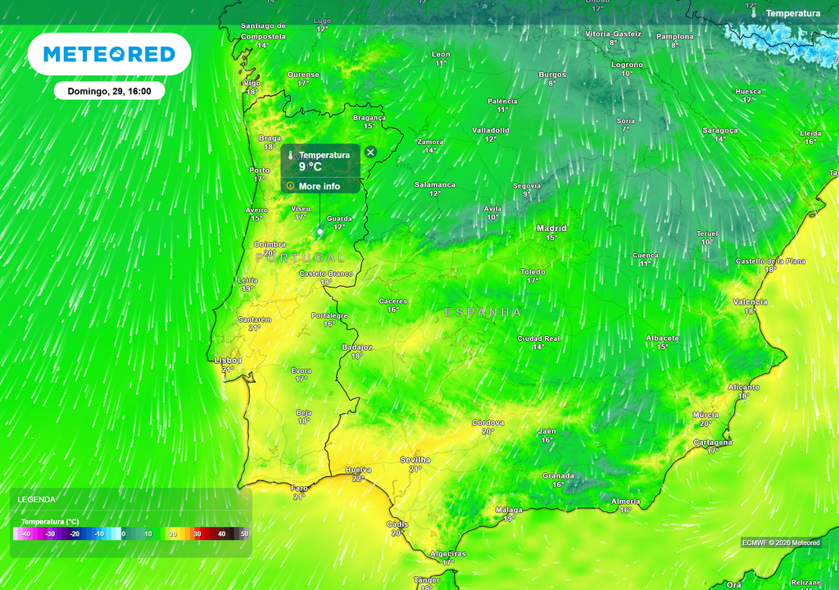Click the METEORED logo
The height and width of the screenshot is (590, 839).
(x=109, y=54)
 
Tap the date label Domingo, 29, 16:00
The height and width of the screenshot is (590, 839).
(x=110, y=92)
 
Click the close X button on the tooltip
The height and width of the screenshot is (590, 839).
(x=370, y=152)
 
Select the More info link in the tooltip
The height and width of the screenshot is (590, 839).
(x=319, y=186)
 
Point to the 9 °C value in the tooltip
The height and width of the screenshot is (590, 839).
(x=311, y=167)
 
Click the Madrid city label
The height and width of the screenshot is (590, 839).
(x=551, y=229)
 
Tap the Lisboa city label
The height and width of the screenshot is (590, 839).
(x=228, y=360)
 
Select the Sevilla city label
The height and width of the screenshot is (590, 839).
(x=415, y=461)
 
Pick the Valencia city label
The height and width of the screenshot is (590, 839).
(x=751, y=302)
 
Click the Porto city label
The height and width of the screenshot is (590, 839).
(x=259, y=170)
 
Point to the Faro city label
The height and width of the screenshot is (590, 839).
(x=300, y=488)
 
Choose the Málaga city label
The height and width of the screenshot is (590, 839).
(x=509, y=510)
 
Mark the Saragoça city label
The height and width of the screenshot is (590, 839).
(x=720, y=130)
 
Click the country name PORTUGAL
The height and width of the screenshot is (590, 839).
(x=301, y=258)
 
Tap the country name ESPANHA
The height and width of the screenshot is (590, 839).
(x=483, y=312)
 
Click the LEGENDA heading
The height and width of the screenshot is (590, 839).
(x=37, y=499)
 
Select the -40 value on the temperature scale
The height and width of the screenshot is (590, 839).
(x=26, y=534)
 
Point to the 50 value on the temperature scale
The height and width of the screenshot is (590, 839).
(x=244, y=534)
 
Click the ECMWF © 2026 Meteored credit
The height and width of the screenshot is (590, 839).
(x=781, y=542)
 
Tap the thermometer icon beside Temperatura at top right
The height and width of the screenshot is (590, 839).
(x=754, y=13)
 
